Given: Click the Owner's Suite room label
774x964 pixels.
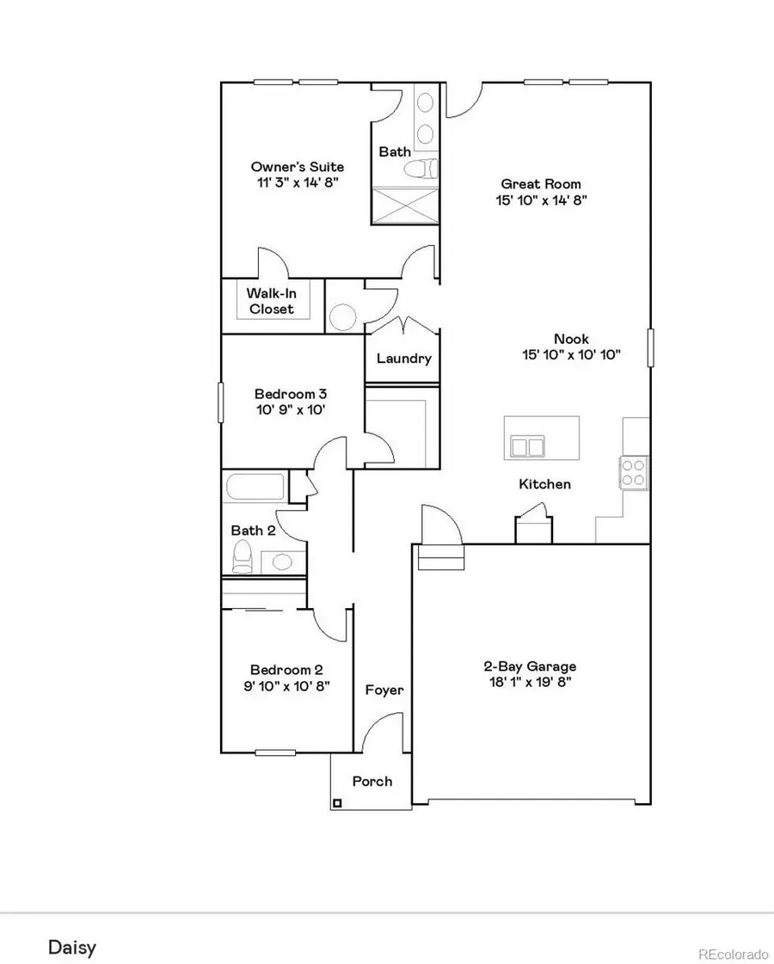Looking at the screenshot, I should point(285,166).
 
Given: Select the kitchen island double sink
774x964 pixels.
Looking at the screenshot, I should point(527,446).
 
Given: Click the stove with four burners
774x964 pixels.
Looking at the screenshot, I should point(634,472).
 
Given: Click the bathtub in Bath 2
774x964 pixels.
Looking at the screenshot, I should point(255,487).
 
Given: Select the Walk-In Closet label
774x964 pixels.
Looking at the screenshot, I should point(271,301).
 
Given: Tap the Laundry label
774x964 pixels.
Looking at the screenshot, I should point(403,359).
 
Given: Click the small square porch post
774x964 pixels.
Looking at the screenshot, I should point(337,803).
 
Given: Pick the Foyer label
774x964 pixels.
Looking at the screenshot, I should point(384,690).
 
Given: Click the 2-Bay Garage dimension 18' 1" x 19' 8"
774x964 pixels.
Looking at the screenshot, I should point(529,683).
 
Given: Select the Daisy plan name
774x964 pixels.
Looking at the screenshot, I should point(71,948).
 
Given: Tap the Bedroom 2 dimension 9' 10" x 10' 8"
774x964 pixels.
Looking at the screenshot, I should point(286,686).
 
